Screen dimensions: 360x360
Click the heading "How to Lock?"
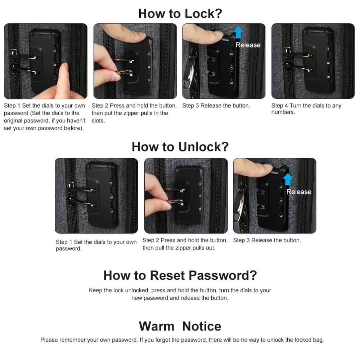pos(180,13)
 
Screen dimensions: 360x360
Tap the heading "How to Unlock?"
pos(180,147)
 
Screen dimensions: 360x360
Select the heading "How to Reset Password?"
pos(180,275)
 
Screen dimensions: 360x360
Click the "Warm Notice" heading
pos(180,326)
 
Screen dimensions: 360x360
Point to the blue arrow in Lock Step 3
pos(238,33)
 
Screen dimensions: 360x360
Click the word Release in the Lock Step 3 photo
pos(248,45)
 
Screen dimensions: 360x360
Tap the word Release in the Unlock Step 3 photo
pos(298,192)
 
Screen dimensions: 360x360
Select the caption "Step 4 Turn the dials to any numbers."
pos(306,109)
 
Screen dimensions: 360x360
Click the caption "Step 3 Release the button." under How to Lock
pos(216,106)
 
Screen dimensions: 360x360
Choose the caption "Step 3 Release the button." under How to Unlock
pos(267,240)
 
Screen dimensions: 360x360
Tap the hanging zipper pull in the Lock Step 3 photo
pos(189,76)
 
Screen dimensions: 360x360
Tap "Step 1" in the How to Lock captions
pos(10,106)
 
